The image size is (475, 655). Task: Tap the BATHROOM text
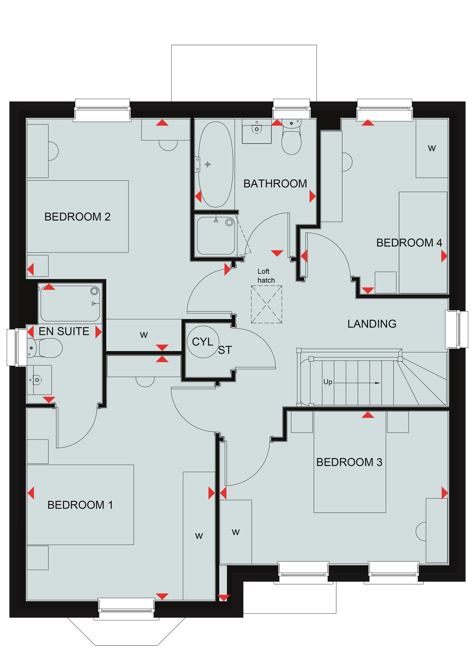pos(275,184)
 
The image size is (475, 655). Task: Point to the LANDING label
pos(372,324)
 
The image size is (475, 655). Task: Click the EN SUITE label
pos(64,331)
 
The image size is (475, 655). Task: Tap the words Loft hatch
pos(266,276)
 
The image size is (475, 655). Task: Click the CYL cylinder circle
pos(203,342)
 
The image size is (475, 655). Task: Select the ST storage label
pos(225,350)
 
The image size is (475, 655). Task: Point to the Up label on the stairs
pos(328,382)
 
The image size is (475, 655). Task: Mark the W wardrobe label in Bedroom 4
pos(432,149)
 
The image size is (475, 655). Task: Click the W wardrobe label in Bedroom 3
pos(236,532)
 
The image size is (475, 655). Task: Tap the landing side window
pos(457,329)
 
